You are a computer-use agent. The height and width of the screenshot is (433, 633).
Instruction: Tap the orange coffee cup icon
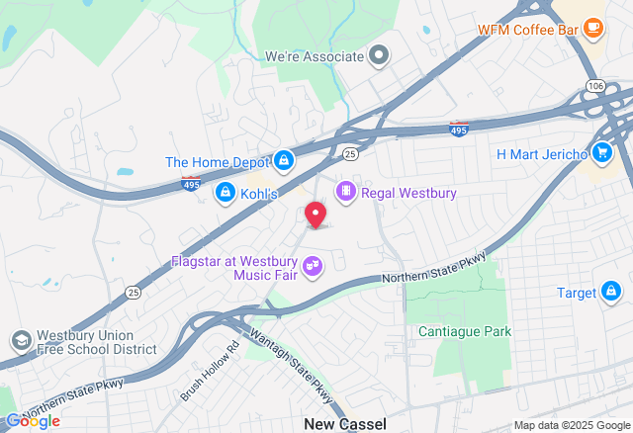(x=593, y=27)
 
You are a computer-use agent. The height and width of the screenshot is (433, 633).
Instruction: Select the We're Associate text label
(x=314, y=56)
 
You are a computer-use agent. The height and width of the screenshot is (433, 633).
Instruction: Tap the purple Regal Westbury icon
(x=346, y=191)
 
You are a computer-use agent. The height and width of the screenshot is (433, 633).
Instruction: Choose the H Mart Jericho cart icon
(x=601, y=152)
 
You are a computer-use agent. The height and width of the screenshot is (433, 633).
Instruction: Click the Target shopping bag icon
(x=612, y=292)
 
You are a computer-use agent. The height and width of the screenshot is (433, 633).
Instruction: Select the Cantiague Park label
(x=464, y=331)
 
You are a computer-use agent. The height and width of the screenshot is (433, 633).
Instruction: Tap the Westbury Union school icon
(x=20, y=341)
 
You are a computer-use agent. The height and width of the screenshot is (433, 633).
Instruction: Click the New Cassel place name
(x=344, y=423)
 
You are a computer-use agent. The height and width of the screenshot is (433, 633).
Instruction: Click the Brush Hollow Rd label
(x=211, y=372)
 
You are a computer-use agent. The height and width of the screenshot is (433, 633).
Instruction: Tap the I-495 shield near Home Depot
(x=192, y=183)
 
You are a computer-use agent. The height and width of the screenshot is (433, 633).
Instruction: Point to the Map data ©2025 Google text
(x=570, y=425)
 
